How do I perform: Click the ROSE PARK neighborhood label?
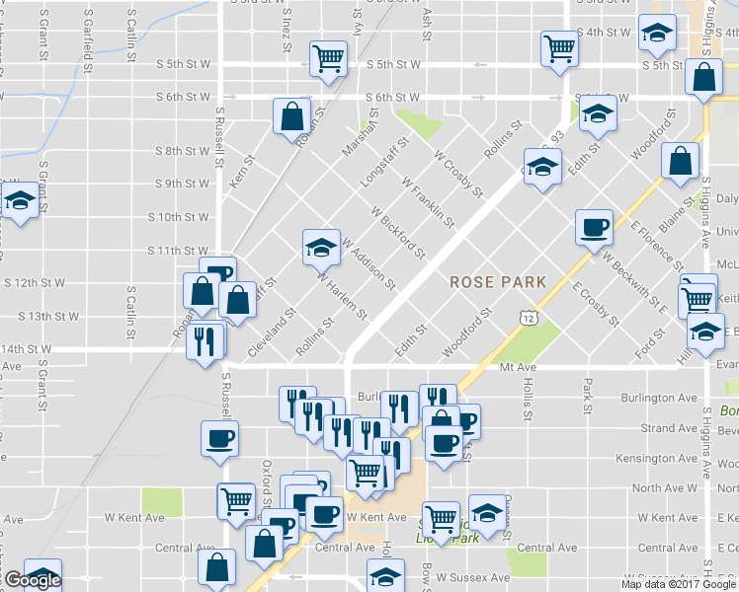498,281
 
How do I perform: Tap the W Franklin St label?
428,203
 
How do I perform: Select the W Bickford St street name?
398,233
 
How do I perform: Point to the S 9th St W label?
183,185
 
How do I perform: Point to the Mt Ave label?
517,365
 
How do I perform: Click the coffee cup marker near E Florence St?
594,228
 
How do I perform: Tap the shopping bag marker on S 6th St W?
292,116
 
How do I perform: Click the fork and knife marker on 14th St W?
205,341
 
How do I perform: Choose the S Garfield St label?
88,39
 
